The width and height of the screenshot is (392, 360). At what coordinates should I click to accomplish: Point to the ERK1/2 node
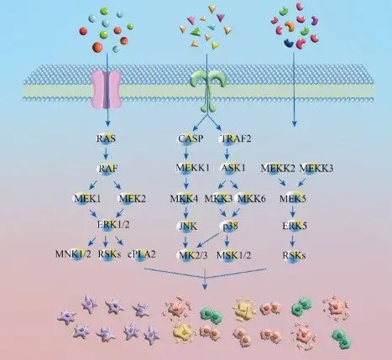click(107, 225)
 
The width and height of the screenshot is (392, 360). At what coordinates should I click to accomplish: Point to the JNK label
click(188, 225)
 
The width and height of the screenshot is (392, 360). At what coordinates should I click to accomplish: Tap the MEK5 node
click(294, 198)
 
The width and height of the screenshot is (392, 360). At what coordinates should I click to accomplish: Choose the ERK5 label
click(294, 225)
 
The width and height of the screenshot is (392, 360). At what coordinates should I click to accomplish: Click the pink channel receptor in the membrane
click(107, 86)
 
